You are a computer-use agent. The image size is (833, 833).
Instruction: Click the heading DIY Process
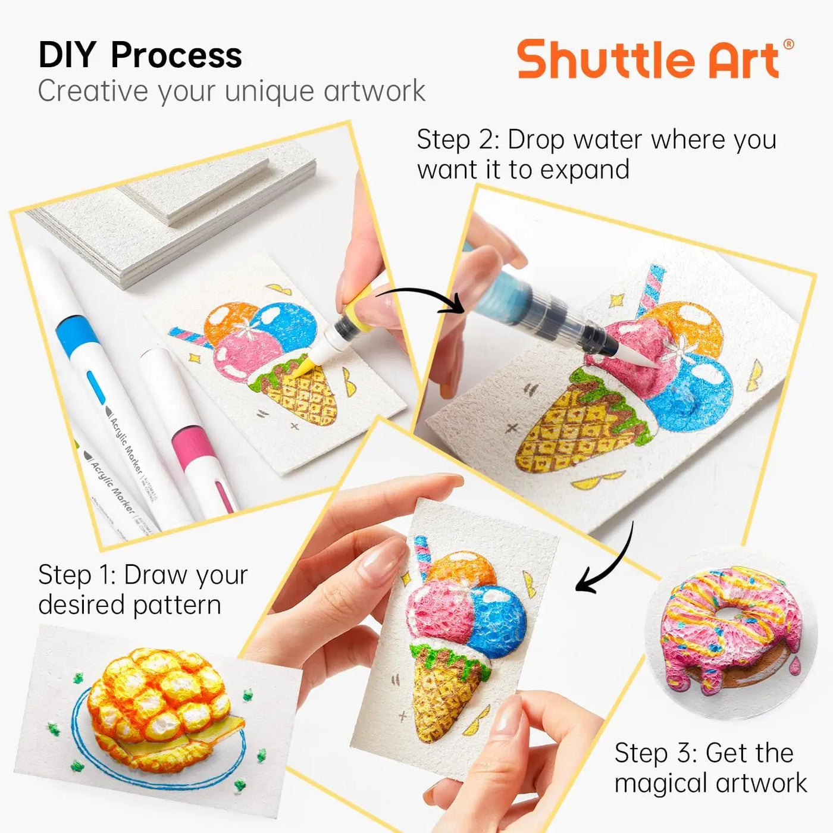(140, 55)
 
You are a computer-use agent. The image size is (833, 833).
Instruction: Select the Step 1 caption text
(143, 590)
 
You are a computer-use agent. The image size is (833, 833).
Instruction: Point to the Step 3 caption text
(710, 768)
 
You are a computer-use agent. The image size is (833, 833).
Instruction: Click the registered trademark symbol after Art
(788, 44)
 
